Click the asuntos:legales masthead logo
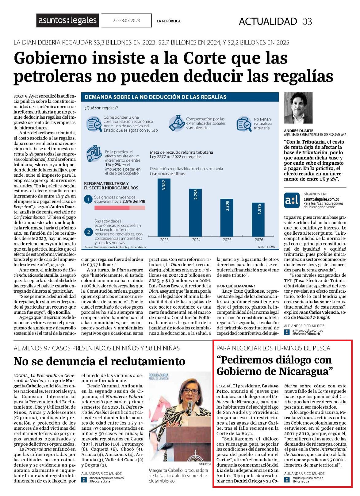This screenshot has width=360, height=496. [67, 20]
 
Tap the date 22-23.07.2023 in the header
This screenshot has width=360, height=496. [126, 21]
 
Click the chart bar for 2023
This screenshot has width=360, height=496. [164, 207]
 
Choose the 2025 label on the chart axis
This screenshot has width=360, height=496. [227, 240]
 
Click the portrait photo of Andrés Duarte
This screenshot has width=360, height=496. [298, 108]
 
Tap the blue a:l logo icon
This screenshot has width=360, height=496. [292, 200]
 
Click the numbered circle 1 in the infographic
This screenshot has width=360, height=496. [88, 199]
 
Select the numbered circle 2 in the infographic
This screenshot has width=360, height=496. [88, 232]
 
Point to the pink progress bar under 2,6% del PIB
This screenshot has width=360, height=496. [120, 207]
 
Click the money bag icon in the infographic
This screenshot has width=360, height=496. [177, 123]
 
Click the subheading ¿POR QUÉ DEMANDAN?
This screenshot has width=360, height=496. [236, 286]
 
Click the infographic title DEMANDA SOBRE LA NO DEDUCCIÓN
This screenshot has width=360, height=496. [156, 97]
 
